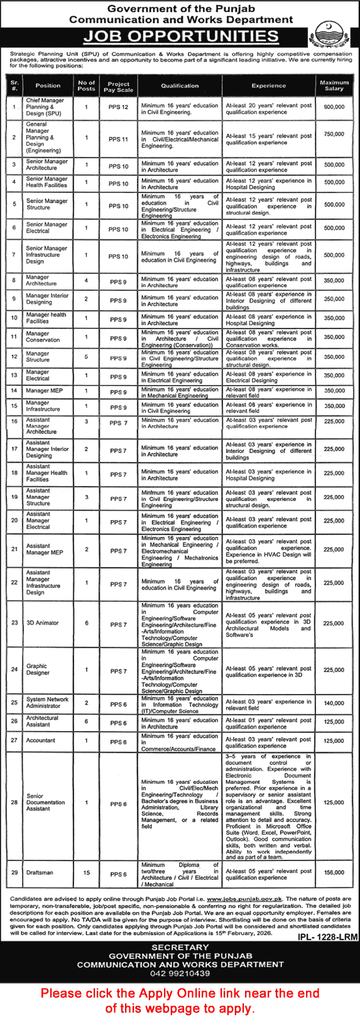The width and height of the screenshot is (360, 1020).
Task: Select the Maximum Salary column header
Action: click(334, 85)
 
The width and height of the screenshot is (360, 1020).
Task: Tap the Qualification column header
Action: click(180, 85)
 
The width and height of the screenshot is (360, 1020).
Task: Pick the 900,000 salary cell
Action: click(334, 107)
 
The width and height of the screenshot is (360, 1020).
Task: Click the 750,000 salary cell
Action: click(334, 134)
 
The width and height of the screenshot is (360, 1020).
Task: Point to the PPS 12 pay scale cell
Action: click(118, 107)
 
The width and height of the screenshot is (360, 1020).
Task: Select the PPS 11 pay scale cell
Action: click(118, 139)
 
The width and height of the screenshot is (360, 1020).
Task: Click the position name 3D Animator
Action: click(43, 623)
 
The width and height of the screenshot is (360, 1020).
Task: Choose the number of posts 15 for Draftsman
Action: click(87, 872)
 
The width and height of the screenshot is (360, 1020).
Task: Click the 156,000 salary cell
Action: click(334, 872)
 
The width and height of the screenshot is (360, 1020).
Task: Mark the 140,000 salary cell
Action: click(334, 705)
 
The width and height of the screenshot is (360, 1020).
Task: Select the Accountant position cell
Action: click(41, 741)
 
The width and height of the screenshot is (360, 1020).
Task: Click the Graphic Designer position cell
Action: click(37, 669)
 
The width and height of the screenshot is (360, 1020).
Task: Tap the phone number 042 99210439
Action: click(180, 974)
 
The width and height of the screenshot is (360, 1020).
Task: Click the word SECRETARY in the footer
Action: click(180, 947)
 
